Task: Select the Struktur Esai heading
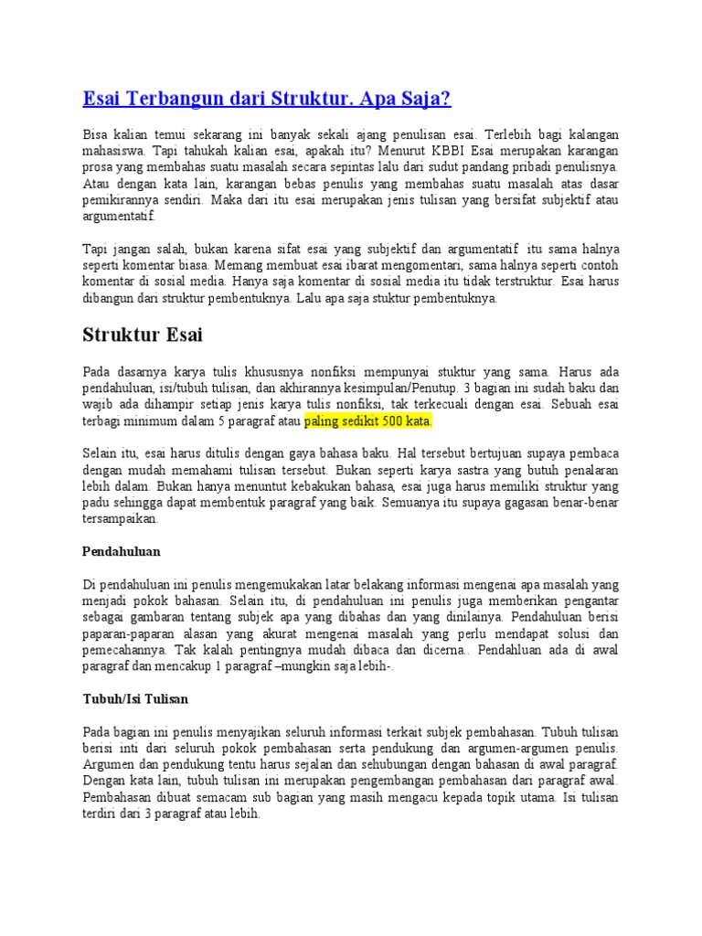tap(143, 335)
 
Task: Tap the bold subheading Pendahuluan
tap(122, 552)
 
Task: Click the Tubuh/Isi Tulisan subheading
tap(135, 699)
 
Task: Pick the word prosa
tap(97, 167)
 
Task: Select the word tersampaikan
tap(121, 517)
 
